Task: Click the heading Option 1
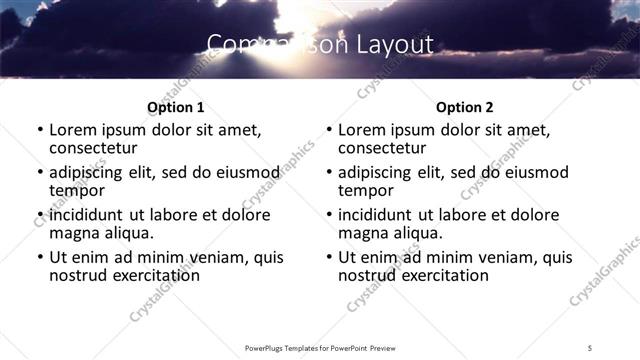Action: pos(175,107)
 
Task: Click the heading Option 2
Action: pos(464,107)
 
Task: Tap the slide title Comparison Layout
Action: pos(320,44)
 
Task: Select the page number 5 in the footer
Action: pos(590,347)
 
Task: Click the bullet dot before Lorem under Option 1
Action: pos(40,131)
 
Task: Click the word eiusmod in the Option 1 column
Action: pos(240,172)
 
